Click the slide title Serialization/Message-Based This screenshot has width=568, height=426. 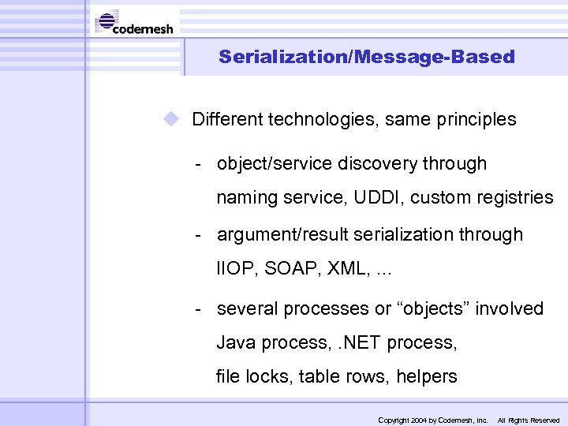point(366,57)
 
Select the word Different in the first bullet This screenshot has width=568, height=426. point(227,120)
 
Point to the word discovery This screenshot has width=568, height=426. point(377,164)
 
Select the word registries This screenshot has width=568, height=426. point(517,198)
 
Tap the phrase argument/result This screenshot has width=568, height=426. point(276,235)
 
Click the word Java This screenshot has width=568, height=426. point(237,343)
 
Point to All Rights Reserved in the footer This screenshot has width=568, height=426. point(528,420)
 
